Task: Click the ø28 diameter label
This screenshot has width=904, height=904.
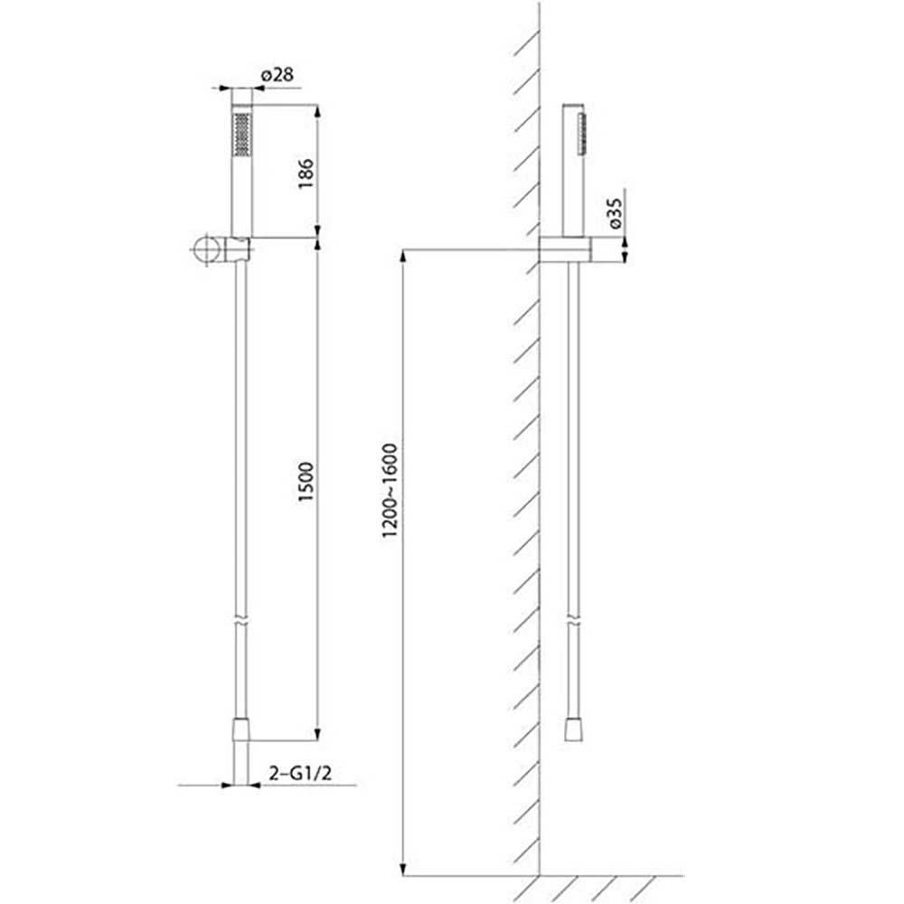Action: coord(278,74)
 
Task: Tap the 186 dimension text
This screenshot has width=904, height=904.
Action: coord(306,173)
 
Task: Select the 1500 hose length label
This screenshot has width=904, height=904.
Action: coord(306,482)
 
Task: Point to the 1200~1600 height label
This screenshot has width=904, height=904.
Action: coord(391,491)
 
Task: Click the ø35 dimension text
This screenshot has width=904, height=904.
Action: coord(615,213)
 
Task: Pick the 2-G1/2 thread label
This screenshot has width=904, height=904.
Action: coord(301,773)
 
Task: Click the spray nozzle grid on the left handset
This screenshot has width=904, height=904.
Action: coord(241,134)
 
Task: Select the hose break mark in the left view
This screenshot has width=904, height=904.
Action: coord(241,624)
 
